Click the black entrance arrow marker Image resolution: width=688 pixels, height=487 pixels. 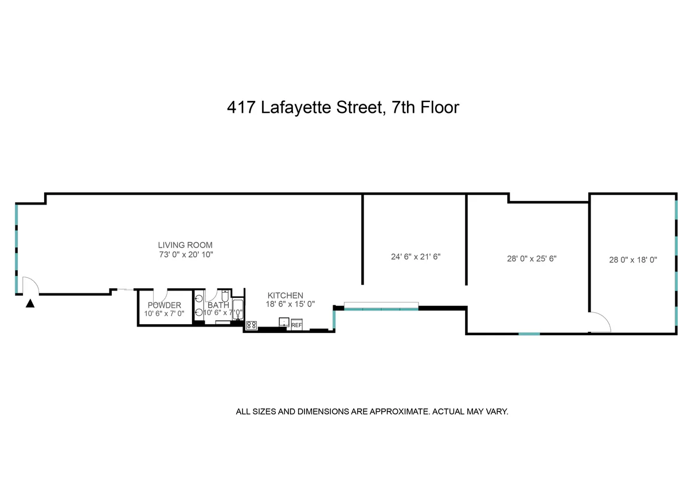pyautogui.click(x=30, y=304)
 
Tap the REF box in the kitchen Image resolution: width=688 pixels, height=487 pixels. pyautogui.click(x=296, y=325)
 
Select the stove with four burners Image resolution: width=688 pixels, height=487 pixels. pyautogui.click(x=251, y=325)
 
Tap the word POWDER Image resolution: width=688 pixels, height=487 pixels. pyautogui.click(x=165, y=305)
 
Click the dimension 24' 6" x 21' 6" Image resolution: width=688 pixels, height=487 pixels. pyautogui.click(x=416, y=257)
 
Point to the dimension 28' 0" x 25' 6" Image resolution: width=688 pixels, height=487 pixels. pyautogui.click(x=531, y=258)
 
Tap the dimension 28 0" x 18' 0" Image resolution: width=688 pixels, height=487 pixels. pyautogui.click(x=633, y=260)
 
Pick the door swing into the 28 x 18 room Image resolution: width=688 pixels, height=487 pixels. pyautogui.click(x=601, y=321)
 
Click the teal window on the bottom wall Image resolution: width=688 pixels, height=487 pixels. pyautogui.click(x=529, y=333)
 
